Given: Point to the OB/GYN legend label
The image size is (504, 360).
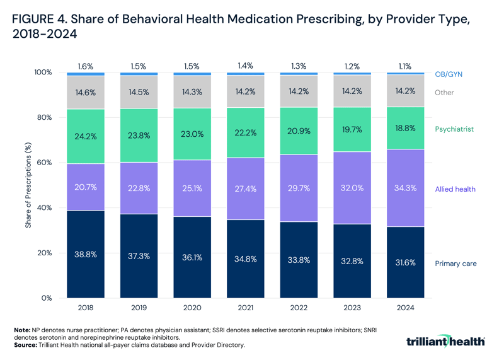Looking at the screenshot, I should click(x=449, y=74).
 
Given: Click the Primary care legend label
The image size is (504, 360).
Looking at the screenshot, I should click(x=456, y=264).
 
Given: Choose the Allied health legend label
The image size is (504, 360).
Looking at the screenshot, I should click(x=455, y=189).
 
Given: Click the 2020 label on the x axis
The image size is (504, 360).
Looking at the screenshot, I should click(x=192, y=309).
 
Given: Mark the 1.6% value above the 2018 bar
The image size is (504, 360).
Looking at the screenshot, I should click(x=86, y=66).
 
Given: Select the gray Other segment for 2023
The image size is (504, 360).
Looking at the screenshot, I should click(x=352, y=92).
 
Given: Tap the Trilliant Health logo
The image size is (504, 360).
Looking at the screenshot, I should click(x=446, y=341).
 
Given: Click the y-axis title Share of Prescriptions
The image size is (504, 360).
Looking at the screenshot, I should click(x=29, y=185).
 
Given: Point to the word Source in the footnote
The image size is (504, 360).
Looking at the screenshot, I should click(x=25, y=345).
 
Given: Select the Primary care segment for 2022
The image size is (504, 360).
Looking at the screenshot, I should click(x=299, y=260).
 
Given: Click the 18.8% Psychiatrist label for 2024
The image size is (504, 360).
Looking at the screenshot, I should click(x=404, y=129).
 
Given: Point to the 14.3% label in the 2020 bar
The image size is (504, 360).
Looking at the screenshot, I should click(x=192, y=92).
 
